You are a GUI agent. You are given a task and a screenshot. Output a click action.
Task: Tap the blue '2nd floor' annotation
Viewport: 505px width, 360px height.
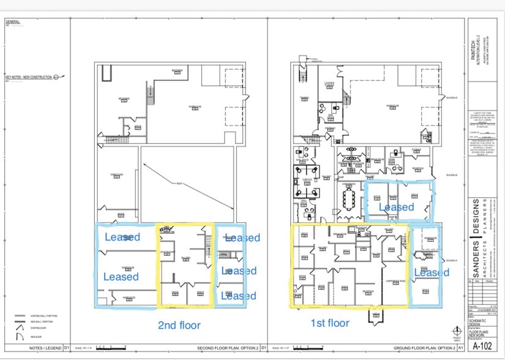(x=180, y=324)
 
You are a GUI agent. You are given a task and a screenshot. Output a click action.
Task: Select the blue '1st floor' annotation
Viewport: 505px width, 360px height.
(x=331, y=323)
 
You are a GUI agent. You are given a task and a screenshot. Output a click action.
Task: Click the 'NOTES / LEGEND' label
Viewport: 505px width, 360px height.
(x=40, y=349)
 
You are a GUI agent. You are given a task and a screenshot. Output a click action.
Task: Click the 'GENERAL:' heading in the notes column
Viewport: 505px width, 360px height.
(x=13, y=22)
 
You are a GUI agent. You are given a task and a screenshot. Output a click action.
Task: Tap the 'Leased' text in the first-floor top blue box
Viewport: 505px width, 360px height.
(x=396, y=207)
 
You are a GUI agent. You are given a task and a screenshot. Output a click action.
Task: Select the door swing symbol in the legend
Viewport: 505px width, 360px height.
(x=17, y=329)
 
